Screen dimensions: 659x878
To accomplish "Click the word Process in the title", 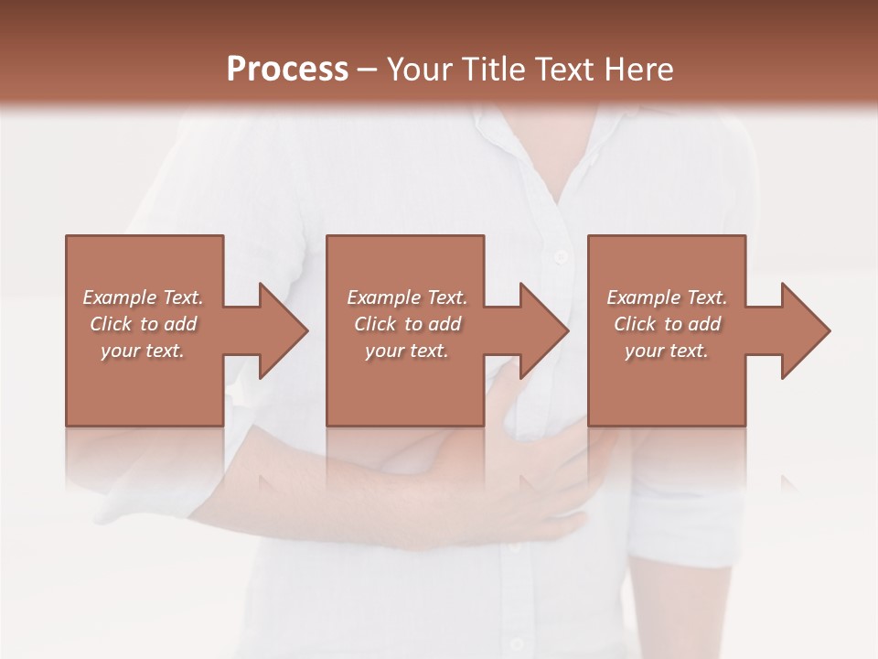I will pos(287,70).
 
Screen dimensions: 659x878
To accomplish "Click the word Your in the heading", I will pos(417,70).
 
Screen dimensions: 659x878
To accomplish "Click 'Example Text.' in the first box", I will pos(143,297).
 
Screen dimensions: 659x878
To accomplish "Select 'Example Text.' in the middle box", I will pos(406,297).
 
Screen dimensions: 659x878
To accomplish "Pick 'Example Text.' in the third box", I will pos(667,297).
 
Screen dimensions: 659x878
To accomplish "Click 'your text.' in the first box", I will pos(143,351).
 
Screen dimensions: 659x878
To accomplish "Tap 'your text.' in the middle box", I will pos(406,351).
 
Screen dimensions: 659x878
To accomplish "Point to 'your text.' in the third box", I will pos(667,351).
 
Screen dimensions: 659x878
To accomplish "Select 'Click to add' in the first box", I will pos(143,324).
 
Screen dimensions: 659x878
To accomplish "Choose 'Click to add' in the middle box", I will pos(406,324).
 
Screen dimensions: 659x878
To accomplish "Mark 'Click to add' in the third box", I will pos(667,324).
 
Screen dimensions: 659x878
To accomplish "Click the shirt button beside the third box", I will pos(561,257).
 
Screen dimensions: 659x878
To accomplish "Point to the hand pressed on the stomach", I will pos(540,476).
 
